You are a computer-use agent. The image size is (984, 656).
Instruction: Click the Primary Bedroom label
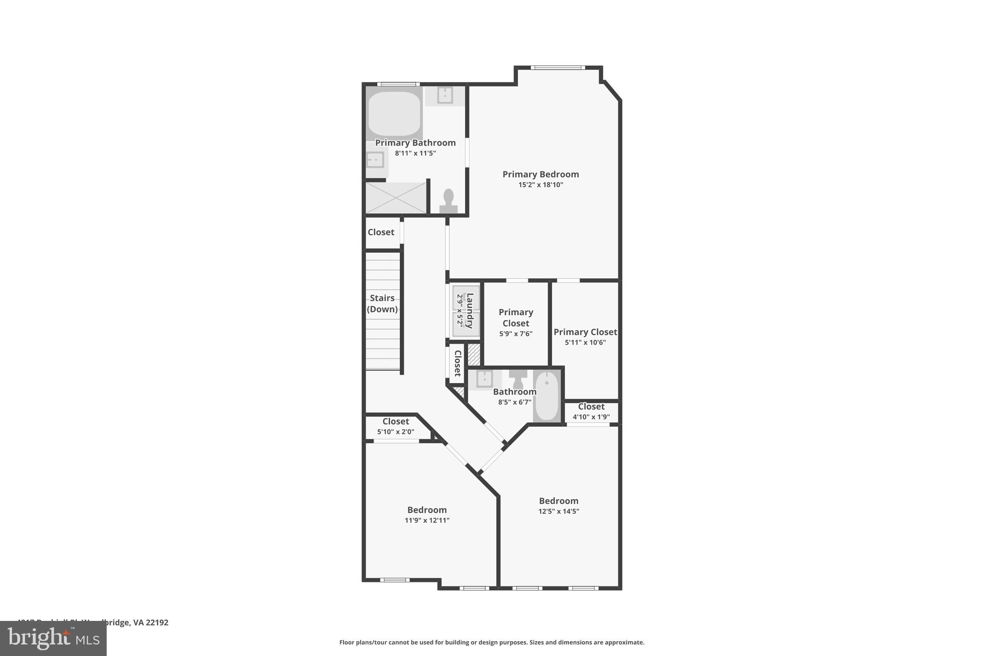541,174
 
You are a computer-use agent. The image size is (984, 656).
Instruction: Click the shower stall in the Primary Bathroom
396,198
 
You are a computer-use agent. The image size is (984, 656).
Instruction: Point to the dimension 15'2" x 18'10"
541,185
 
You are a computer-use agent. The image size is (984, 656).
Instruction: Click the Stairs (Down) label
382,304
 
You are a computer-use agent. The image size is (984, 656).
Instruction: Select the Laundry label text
470,310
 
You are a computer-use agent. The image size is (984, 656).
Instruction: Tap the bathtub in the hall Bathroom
547,396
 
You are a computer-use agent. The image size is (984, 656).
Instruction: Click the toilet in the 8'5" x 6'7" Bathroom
518,378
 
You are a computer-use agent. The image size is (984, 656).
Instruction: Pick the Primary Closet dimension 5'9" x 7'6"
516,334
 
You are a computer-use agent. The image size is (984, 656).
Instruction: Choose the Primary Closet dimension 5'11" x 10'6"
585,343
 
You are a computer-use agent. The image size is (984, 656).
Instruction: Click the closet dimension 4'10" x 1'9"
591,417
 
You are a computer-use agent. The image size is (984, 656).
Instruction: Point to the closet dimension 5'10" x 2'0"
395,432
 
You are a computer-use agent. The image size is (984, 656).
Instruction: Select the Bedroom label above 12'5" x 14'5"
558,501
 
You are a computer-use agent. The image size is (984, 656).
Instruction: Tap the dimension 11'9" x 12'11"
427,520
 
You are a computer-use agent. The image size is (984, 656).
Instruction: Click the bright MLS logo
53,639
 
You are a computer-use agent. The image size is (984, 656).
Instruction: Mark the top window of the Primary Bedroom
558,68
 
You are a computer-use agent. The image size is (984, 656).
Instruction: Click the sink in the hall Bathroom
484,379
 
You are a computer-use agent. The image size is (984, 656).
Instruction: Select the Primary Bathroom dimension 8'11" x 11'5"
415,153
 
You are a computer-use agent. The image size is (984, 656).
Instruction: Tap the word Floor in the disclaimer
347,643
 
